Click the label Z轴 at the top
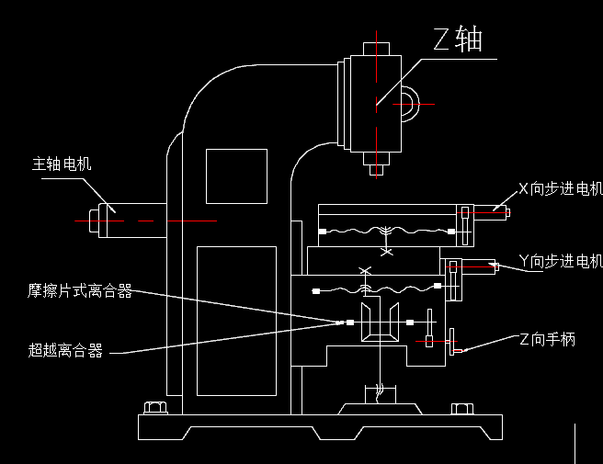point(458,40)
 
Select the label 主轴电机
point(62,164)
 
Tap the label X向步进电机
point(560,189)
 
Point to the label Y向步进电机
point(560,261)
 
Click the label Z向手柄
point(547,339)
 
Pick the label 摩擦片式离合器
point(80,291)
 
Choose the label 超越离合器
point(65,350)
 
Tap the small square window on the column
point(235,175)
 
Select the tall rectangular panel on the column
point(236,321)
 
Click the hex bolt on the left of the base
point(154,408)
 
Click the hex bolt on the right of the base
point(461,409)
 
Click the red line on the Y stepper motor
point(472,266)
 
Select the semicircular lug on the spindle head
point(407,104)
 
